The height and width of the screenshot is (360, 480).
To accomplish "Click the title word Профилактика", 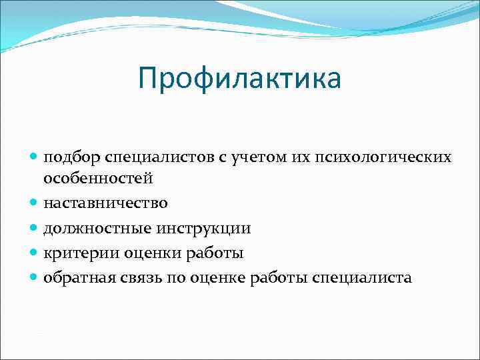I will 240,79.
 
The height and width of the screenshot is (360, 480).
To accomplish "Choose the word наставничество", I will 105,203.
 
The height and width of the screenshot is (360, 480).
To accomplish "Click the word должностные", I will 97,228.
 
